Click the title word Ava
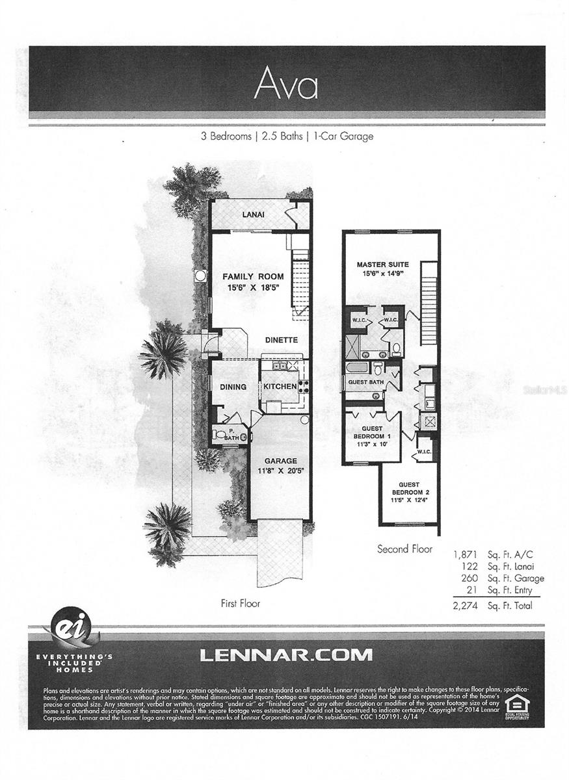(x=286, y=83)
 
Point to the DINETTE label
(x=281, y=340)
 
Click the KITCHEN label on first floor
(x=280, y=387)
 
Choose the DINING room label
(x=233, y=387)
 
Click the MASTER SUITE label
(x=382, y=265)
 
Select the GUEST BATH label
(x=366, y=382)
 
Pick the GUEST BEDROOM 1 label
(x=371, y=432)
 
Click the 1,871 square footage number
(x=466, y=554)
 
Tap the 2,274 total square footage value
(x=466, y=605)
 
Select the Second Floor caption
(x=404, y=549)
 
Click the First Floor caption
(x=240, y=603)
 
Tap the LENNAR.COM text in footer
(x=286, y=654)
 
